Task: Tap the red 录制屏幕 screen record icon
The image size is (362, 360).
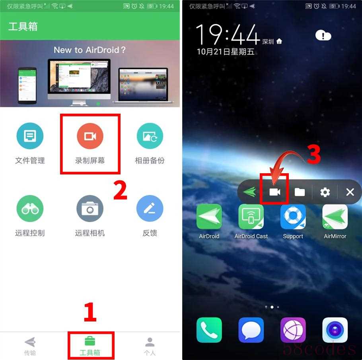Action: click(x=90, y=136)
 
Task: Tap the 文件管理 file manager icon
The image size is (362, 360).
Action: click(x=30, y=136)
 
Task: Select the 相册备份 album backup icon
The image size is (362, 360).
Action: click(x=150, y=136)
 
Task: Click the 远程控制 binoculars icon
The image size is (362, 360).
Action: click(x=30, y=209)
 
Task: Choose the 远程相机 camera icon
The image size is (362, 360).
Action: click(x=90, y=209)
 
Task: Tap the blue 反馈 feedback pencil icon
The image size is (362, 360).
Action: click(x=150, y=209)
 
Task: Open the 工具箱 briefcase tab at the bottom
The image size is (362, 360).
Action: click(x=90, y=341)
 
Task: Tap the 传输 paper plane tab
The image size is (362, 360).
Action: click(x=30, y=342)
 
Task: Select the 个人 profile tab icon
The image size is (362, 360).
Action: click(x=150, y=342)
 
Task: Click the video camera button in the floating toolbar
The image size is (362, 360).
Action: click(x=275, y=192)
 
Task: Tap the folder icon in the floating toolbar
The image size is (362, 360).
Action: click(x=300, y=192)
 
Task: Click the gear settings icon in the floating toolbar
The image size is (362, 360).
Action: click(x=325, y=192)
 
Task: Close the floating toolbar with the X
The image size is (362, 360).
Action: click(x=350, y=192)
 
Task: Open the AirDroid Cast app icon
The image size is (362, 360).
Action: click(x=251, y=217)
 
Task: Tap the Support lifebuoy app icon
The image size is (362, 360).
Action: click(x=293, y=217)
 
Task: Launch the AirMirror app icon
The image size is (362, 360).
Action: click(x=335, y=217)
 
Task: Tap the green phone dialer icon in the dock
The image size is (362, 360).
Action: click(x=209, y=330)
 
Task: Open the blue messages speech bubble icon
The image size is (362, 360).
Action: click(x=251, y=330)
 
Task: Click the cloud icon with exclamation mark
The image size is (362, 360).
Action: click(x=323, y=35)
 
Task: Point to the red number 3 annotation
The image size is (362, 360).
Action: click(x=313, y=154)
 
